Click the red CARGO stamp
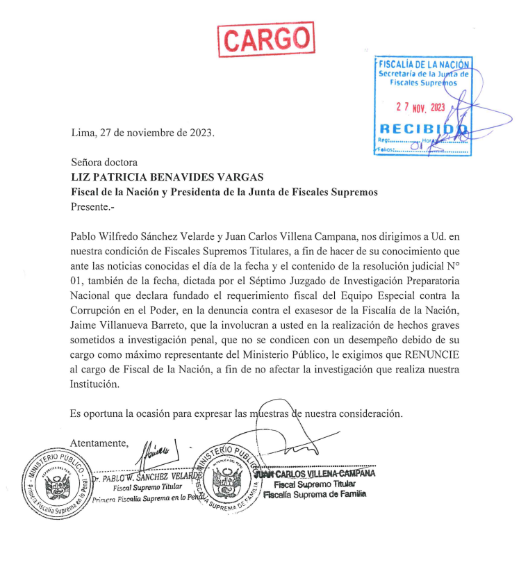point(266,39)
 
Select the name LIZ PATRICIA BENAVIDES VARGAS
point(166,177)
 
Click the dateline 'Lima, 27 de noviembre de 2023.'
point(143,132)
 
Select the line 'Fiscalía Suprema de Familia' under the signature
point(314,494)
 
